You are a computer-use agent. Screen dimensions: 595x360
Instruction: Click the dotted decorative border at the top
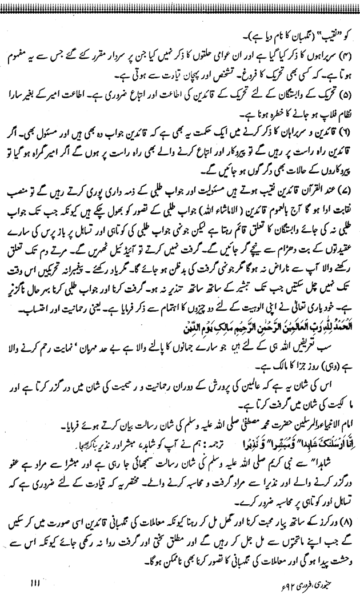(x=180, y=4)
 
